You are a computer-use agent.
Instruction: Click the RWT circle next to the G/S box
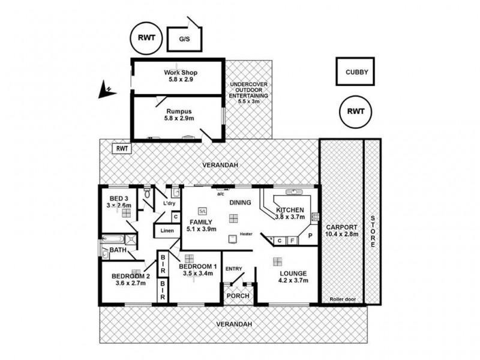[145, 38]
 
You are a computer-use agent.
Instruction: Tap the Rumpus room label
[179, 115]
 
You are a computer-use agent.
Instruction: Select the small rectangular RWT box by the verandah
[122, 148]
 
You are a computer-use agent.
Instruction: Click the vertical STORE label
[373, 231]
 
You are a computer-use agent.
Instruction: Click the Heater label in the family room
[245, 234]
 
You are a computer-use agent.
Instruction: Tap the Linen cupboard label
[167, 231]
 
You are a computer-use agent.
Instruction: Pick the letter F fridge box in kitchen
[292, 241]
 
